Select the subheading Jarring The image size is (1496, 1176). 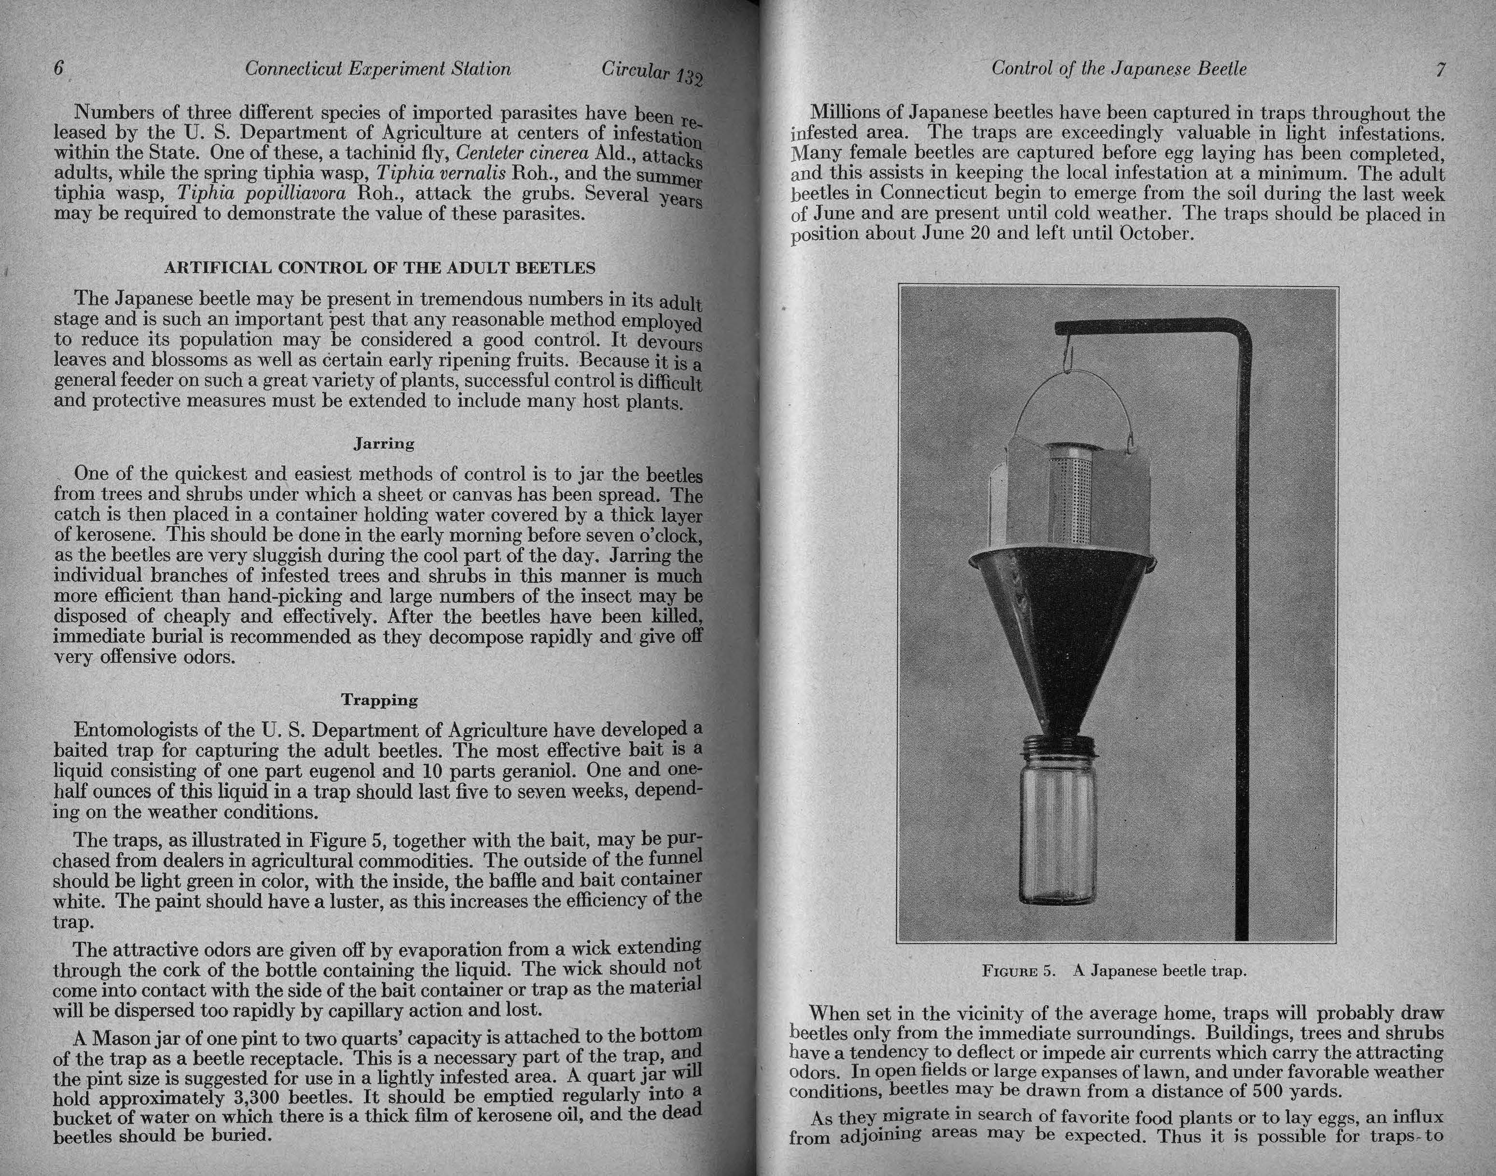(x=384, y=444)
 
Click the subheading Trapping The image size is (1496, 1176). (x=379, y=700)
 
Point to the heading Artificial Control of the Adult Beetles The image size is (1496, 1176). (x=379, y=268)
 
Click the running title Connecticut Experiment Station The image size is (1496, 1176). (x=378, y=69)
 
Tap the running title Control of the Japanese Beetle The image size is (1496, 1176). (x=1119, y=69)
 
